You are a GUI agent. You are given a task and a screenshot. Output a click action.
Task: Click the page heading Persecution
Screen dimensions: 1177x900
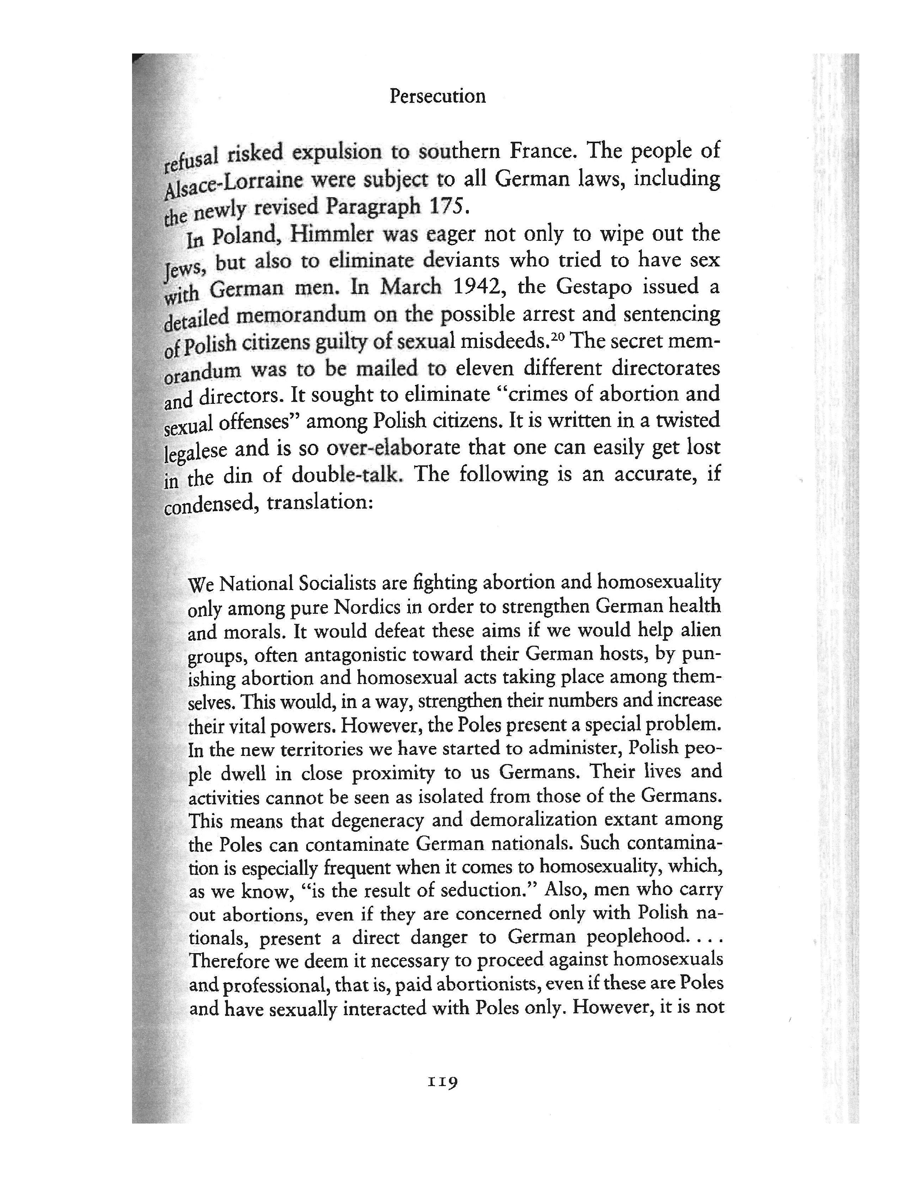pos(437,96)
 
